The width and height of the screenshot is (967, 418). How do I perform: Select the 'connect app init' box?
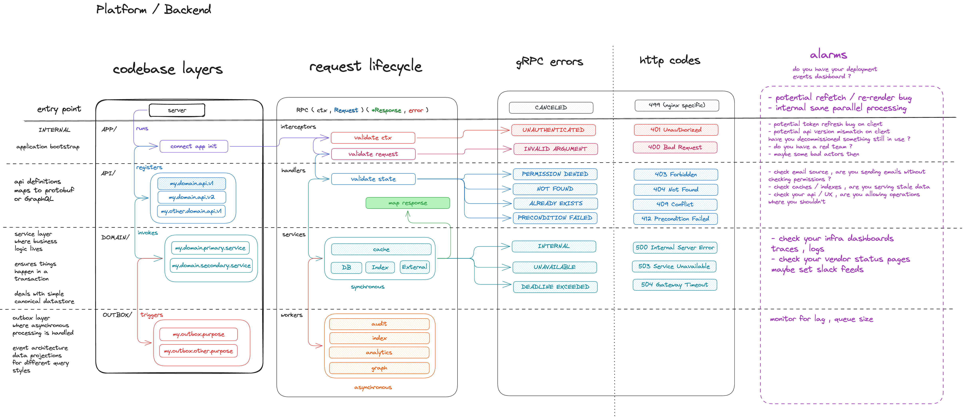(194, 146)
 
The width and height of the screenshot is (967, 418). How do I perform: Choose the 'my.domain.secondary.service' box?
(211, 265)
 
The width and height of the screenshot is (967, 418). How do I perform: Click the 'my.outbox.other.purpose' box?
(198, 351)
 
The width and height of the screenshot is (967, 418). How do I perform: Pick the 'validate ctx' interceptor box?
(373, 138)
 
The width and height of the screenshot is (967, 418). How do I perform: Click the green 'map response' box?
(408, 203)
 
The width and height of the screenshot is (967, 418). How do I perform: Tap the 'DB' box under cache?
(346, 267)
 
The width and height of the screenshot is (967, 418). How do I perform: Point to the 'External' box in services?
(415, 267)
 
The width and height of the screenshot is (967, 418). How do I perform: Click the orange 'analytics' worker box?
(379, 352)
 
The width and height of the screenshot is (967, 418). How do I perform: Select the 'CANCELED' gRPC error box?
(551, 108)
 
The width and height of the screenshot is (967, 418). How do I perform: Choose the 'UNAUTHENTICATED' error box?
(553, 130)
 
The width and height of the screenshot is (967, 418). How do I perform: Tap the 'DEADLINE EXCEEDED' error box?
(555, 287)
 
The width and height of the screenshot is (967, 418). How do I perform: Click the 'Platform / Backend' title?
(154, 9)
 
